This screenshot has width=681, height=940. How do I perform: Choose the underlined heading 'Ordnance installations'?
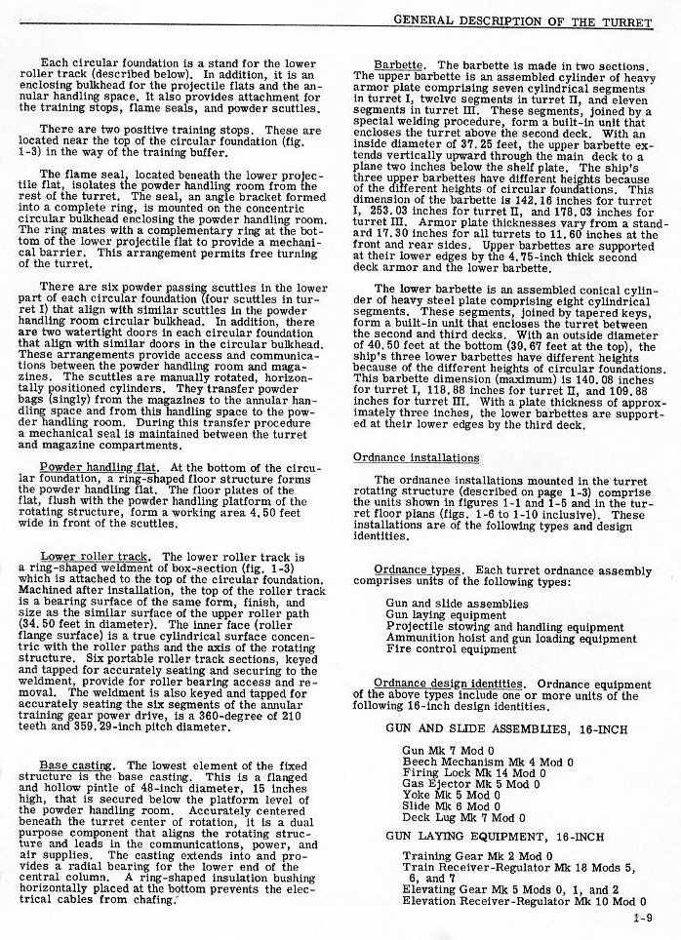tap(416, 457)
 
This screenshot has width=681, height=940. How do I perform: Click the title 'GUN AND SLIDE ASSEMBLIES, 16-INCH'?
tap(504, 729)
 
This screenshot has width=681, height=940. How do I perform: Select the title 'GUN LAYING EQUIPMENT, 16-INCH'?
tap(495, 836)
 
